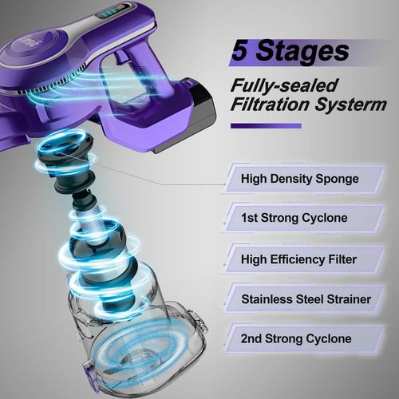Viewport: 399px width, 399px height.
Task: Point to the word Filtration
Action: [268, 106]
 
